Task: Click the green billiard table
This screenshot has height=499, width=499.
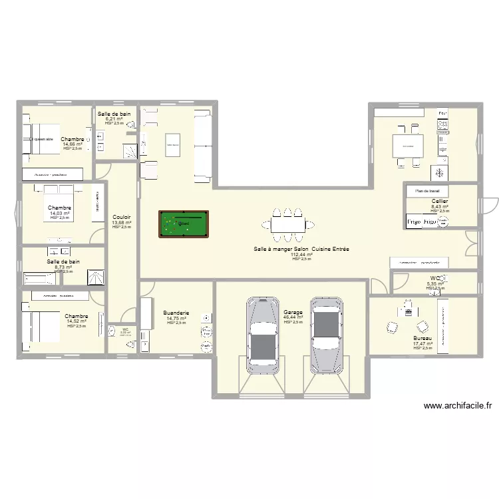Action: point(182,224)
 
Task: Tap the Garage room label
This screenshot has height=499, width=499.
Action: point(293,312)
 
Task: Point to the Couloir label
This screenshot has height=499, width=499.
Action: point(122,217)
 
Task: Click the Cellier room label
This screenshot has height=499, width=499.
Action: point(440,201)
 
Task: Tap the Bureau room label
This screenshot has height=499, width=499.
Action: point(422,339)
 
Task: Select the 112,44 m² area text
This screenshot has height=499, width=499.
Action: point(301,254)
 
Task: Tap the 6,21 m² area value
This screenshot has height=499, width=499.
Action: point(114,119)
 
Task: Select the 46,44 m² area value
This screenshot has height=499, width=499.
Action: point(293,317)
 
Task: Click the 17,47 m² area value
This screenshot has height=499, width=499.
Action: point(422,344)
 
